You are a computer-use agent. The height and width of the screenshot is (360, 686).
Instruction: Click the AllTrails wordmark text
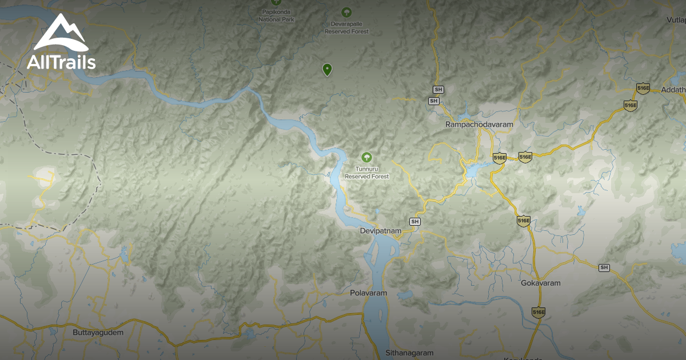tap(61, 61)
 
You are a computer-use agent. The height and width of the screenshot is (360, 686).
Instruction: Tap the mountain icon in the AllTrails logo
tap(61, 34)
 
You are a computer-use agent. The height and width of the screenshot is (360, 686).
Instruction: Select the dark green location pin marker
tap(327, 70)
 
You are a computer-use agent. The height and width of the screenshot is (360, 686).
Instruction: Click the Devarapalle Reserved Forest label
tap(346, 28)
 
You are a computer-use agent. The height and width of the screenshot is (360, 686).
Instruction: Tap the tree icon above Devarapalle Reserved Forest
tap(346, 11)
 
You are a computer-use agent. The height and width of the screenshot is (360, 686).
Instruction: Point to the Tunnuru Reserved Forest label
tap(366, 173)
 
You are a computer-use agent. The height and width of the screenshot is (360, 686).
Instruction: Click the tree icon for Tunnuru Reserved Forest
tap(366, 157)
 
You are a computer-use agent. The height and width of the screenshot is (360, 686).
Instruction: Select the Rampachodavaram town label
tap(479, 124)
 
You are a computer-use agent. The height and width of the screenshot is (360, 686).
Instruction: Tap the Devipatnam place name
tap(381, 231)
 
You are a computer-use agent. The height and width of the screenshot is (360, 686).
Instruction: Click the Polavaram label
tap(368, 293)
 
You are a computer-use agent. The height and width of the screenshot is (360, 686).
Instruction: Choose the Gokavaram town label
tap(541, 283)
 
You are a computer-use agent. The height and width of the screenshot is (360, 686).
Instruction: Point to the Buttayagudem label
tap(98, 332)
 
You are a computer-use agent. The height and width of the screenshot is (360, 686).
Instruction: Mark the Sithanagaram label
tap(409, 353)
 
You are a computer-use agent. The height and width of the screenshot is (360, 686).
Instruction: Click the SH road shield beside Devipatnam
tap(415, 221)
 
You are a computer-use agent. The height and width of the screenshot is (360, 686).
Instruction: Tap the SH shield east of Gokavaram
tap(604, 267)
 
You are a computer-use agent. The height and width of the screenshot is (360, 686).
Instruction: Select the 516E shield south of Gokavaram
tap(538, 312)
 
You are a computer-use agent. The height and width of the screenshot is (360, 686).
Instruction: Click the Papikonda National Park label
tap(276, 15)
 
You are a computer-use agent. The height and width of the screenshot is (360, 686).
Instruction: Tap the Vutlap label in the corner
tap(676, 20)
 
